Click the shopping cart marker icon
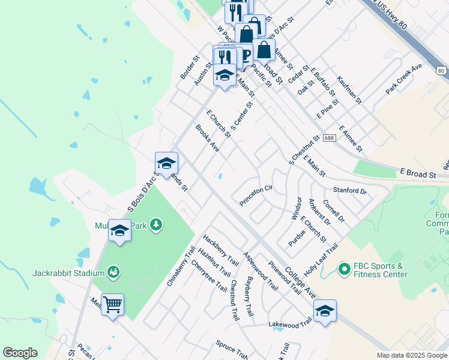pyautogui.click(x=113, y=305)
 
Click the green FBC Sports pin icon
pyautogui.click(x=344, y=270)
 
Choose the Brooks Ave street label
pyautogui.click(x=208, y=138)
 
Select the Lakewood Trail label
pyautogui.click(x=291, y=323)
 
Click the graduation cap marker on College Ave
pyautogui.click(x=325, y=311)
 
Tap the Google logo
pyautogui.click(x=20, y=353)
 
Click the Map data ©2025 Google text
pyautogui.click(x=411, y=355)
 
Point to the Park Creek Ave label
pyautogui.click(x=409, y=80)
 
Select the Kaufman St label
pyautogui.click(x=349, y=90)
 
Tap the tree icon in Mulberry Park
pyautogui.click(x=156, y=224)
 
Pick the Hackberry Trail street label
pyautogui.click(x=217, y=250)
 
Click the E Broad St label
pyautogui.click(x=419, y=174)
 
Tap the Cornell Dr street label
pyautogui.click(x=334, y=211)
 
